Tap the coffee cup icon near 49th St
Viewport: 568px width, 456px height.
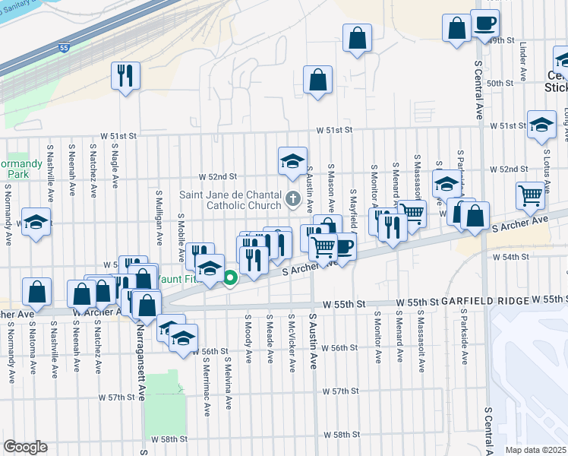[x=484, y=24]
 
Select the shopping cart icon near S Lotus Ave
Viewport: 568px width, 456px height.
[x=530, y=195]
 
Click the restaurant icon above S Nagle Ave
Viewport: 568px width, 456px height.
[x=125, y=75]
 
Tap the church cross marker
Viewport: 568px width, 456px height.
[x=293, y=200]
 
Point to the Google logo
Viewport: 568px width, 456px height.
[x=25, y=447]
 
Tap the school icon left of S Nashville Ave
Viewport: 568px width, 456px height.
[x=35, y=222]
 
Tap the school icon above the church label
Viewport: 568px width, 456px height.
[x=292, y=161]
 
